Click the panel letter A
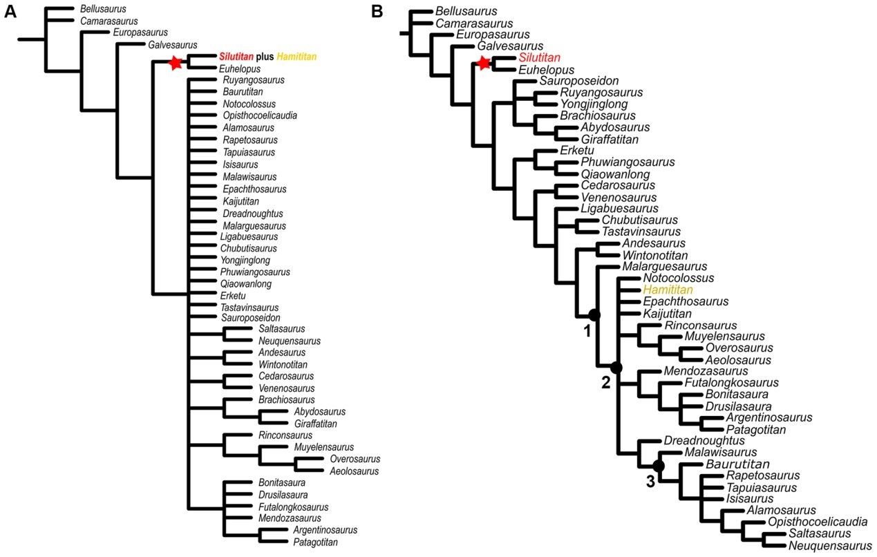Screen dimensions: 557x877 pyautogui.click(x=10, y=11)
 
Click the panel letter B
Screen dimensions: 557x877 pyautogui.click(x=377, y=11)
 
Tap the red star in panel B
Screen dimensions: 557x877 pyautogui.click(x=484, y=64)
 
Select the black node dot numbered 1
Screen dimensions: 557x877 pyautogui.click(x=594, y=315)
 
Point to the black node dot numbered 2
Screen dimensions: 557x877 pyautogui.click(x=616, y=368)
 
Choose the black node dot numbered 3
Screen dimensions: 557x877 pyautogui.click(x=658, y=466)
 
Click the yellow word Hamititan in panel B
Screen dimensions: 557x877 pyautogui.click(x=668, y=290)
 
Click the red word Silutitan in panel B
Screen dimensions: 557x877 pyautogui.click(x=539, y=57)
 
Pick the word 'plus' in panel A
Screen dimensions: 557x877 pyautogui.click(x=265, y=57)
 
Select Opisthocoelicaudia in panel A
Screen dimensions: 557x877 pyautogui.click(x=260, y=115)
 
